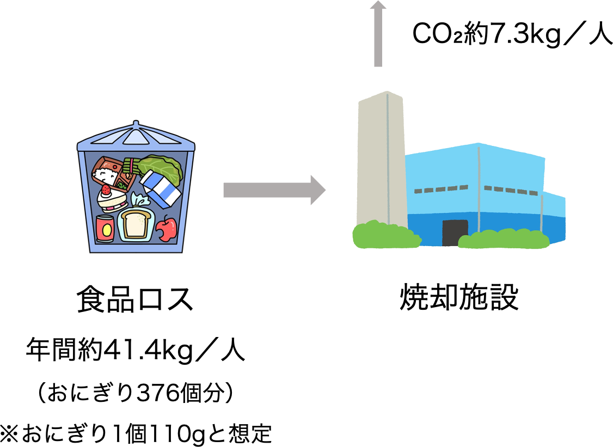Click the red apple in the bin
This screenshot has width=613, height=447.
167,229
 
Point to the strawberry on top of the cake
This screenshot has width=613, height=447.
106,190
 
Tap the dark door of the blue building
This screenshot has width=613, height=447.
455,232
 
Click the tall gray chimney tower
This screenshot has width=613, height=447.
382,158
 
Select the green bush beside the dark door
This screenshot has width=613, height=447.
504,240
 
